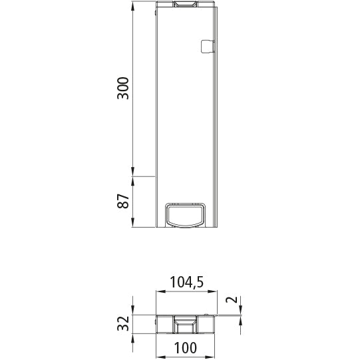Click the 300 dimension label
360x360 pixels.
pyautogui.click(x=122, y=89)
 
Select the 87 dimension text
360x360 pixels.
pyautogui.click(x=122, y=202)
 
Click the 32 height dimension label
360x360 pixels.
pyautogui.click(x=122, y=324)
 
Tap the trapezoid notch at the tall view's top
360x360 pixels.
pyautogui.click(x=186, y=5)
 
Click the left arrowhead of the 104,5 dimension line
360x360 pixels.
pyautogui.click(x=159, y=291)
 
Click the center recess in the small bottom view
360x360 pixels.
pyautogui.click(x=186, y=325)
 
